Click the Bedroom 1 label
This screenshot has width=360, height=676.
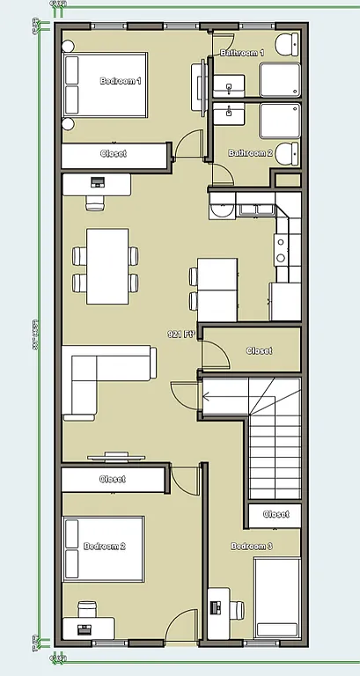click(x=120, y=81)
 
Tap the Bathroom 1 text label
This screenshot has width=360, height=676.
click(x=241, y=53)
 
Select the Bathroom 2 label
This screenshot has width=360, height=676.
click(x=250, y=152)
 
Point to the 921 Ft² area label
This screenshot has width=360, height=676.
click(x=181, y=334)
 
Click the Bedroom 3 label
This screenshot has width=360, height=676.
click(x=252, y=547)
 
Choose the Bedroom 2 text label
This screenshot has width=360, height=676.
click(x=105, y=547)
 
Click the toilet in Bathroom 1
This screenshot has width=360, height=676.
click(x=288, y=46)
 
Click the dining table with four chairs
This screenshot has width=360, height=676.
click(x=107, y=265)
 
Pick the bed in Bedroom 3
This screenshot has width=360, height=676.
click(x=277, y=599)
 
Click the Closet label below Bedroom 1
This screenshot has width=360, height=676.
click(x=113, y=153)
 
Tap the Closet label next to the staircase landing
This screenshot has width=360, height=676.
click(x=259, y=350)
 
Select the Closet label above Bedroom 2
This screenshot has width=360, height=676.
click(x=112, y=480)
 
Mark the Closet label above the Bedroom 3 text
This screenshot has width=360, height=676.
click(x=276, y=514)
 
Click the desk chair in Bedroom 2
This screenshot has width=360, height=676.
click(x=86, y=609)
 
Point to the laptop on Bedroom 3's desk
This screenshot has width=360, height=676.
click(x=217, y=606)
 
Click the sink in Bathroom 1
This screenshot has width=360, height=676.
click(x=231, y=86)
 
